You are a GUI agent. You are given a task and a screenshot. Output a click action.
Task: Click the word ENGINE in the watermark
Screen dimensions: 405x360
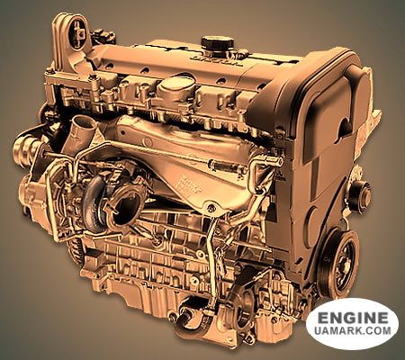(353, 318)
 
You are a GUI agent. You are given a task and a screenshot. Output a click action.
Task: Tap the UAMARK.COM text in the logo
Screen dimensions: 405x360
(353, 330)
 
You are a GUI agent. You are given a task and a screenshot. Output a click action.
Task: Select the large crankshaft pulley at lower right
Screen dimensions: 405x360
(340, 264)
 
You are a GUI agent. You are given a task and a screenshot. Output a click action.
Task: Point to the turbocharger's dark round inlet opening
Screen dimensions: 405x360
(126, 207)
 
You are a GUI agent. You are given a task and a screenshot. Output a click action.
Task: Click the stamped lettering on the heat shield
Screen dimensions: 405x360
(188, 182)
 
